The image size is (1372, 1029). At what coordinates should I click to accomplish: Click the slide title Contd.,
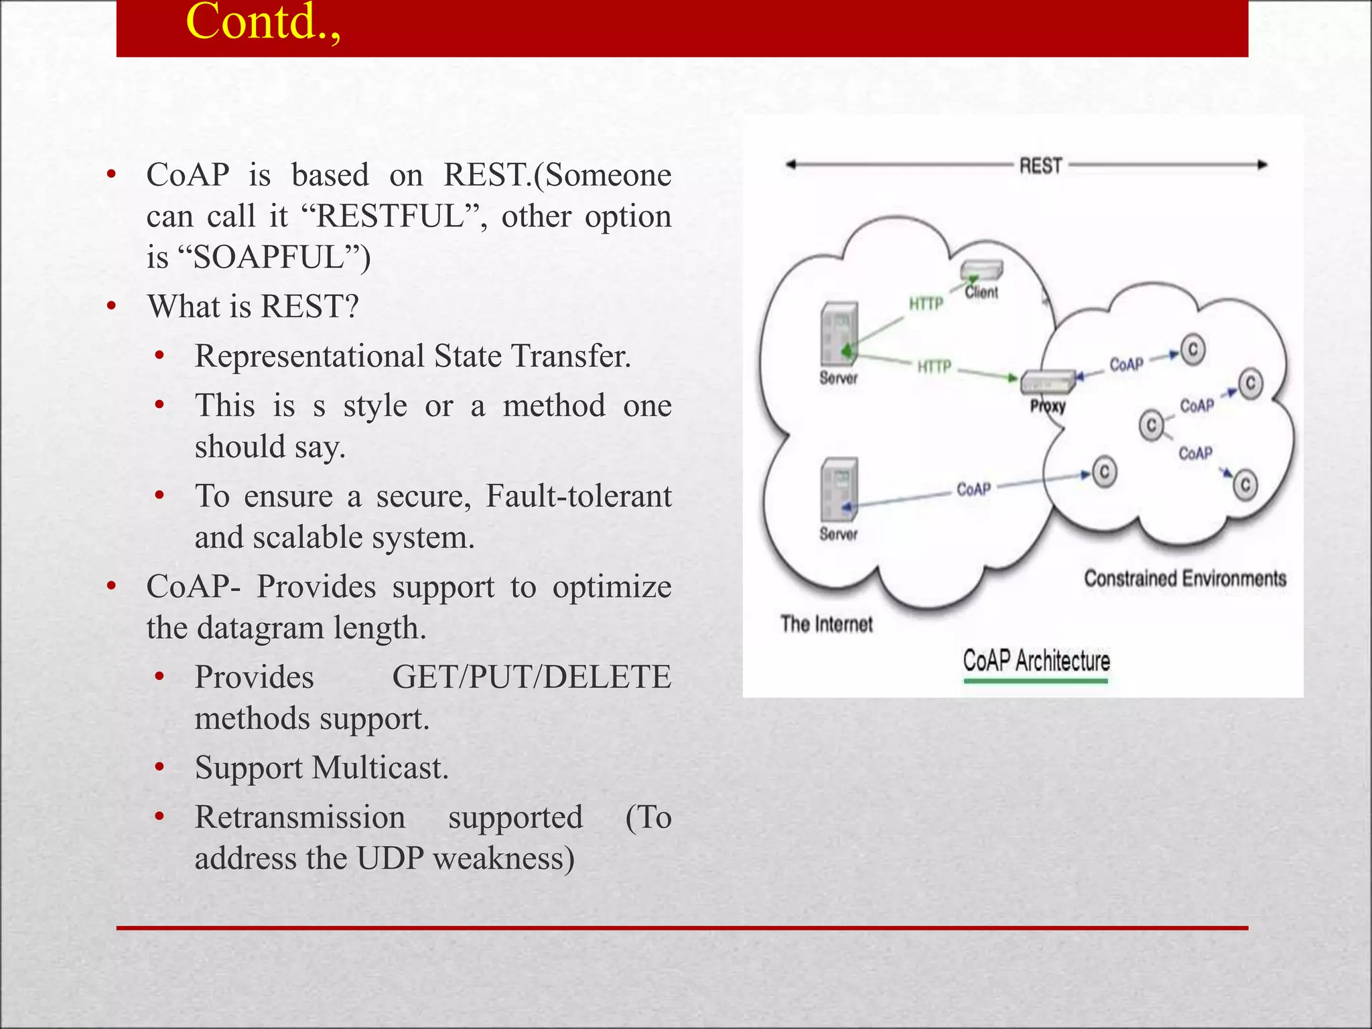pos(263,23)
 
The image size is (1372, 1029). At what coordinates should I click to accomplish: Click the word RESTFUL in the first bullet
pos(391,216)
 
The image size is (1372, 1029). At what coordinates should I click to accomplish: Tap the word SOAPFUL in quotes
pos(268,258)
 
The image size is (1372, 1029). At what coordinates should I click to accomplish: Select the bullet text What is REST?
pos(253,307)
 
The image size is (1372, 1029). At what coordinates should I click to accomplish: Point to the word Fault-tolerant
pos(578,496)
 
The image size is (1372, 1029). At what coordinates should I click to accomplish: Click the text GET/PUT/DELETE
pos(531,677)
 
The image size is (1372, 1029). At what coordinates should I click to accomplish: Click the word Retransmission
pos(300,818)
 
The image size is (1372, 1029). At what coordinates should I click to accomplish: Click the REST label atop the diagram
pos(1040,165)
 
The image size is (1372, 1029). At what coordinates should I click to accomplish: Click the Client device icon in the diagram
pos(981,271)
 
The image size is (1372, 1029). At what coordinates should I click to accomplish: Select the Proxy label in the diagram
pos(1048,406)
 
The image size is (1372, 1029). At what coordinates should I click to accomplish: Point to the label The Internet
pos(826,624)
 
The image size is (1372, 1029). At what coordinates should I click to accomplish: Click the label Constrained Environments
pos(1184,579)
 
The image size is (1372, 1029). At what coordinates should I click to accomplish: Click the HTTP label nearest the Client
pos(926,304)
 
